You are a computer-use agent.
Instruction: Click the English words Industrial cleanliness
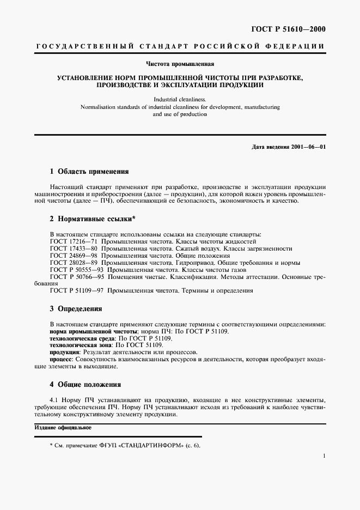tap(180, 100)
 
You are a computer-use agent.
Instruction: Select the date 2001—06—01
tap(307, 147)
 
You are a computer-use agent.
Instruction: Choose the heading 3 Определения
tap(76, 308)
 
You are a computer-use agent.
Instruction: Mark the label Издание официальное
tap(63, 428)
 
